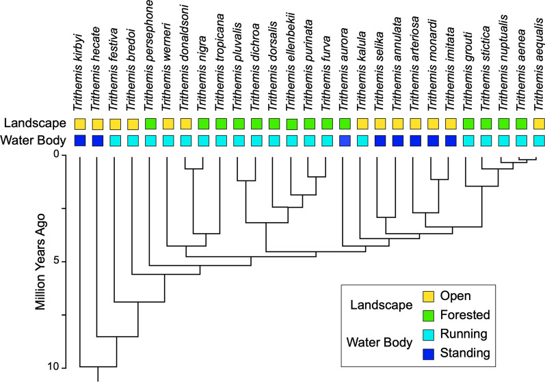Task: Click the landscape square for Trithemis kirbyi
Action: coord(80,124)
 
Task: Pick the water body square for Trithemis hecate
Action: coord(98,141)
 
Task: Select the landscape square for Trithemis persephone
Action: coord(150,124)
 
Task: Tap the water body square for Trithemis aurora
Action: coord(345,141)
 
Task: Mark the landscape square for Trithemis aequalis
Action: coord(540,124)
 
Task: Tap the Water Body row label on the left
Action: coord(34,141)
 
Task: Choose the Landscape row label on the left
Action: coord(34,124)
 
